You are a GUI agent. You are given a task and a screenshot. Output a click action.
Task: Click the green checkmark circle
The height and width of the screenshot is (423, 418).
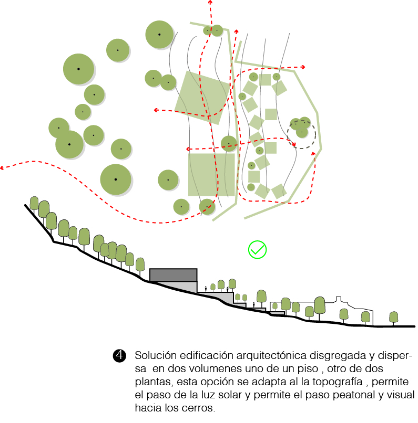[x=257, y=249]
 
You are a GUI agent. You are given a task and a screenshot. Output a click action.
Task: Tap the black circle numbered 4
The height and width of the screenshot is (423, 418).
[x=119, y=355]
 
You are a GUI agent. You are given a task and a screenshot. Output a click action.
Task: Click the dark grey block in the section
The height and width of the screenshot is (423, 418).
[x=173, y=275]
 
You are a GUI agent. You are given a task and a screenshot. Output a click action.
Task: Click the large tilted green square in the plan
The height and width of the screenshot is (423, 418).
[x=202, y=98]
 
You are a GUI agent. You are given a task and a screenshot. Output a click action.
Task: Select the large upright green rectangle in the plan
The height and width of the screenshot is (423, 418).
[x=211, y=175]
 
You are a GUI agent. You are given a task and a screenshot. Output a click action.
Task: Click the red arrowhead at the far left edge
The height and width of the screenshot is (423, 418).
[x=2, y=168]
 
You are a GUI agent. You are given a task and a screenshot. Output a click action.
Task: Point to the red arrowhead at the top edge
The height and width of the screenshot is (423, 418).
[x=210, y=2]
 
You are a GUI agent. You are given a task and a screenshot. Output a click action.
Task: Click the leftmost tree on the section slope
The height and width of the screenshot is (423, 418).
[x=34, y=203]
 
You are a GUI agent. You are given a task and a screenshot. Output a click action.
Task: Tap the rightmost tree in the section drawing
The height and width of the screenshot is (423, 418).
[x=393, y=318]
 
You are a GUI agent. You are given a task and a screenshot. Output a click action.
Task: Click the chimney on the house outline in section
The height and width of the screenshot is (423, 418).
[x=338, y=299]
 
